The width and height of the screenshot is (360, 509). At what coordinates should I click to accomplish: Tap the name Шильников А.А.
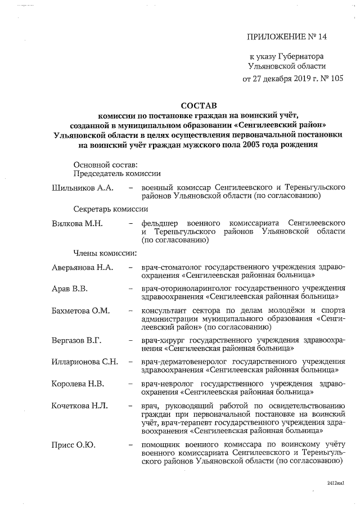[x=83, y=187]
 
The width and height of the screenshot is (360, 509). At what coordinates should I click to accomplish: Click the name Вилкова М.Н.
[x=77, y=223]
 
